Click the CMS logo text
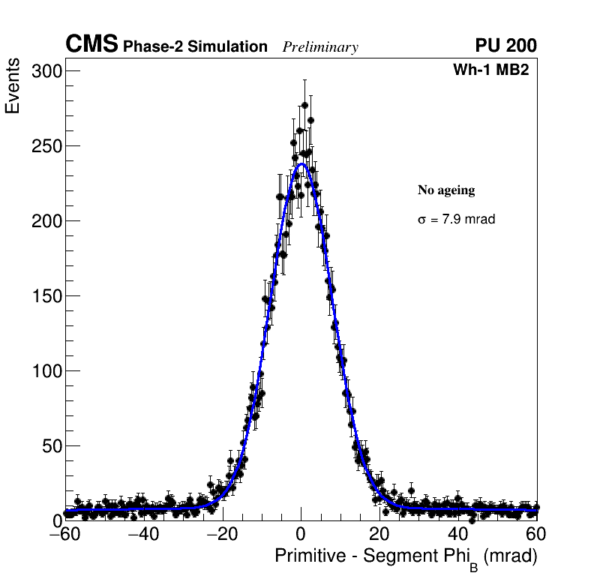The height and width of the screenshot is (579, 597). [91, 45]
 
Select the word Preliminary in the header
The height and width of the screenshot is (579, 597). [320, 47]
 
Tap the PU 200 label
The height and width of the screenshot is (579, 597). [505, 46]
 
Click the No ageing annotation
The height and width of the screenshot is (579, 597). [446, 190]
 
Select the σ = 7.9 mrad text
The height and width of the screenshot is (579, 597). [456, 220]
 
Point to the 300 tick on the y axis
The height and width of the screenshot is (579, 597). [46, 71]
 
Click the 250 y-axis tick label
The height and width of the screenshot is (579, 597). [46, 146]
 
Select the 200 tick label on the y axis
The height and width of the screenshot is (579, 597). [46, 221]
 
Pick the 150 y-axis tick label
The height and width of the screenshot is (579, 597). [46, 296]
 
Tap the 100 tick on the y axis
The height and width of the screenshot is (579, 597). [46, 371]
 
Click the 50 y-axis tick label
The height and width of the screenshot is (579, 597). [50, 446]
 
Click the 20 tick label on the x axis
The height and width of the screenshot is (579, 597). [379, 535]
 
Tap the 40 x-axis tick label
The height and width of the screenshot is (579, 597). [458, 535]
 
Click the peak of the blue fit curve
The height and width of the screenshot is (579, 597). [301, 163]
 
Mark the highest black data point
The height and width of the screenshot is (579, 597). [304, 105]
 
